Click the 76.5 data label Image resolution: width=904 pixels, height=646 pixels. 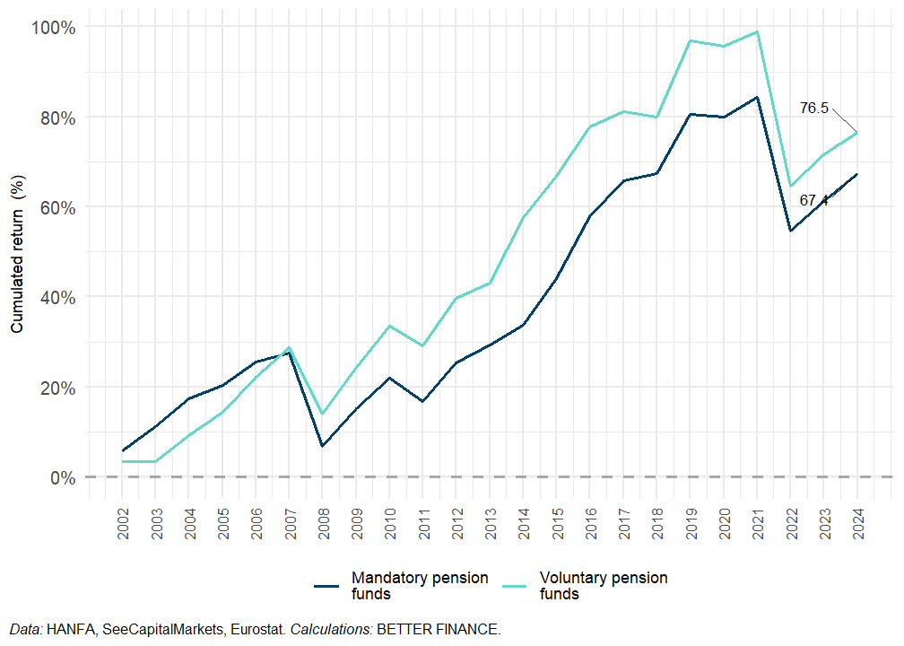click(814, 109)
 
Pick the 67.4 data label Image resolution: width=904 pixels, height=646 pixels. click(814, 201)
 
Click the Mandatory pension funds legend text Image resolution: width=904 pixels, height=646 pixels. click(420, 585)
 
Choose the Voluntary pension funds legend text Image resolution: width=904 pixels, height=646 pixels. click(604, 585)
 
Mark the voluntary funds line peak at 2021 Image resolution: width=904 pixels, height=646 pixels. click(757, 32)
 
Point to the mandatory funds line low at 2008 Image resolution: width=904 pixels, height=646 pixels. click(322, 446)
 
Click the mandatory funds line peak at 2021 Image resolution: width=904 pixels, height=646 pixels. click(757, 97)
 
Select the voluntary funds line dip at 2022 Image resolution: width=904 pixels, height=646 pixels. click(790, 187)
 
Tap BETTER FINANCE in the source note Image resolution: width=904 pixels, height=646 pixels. click(439, 630)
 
